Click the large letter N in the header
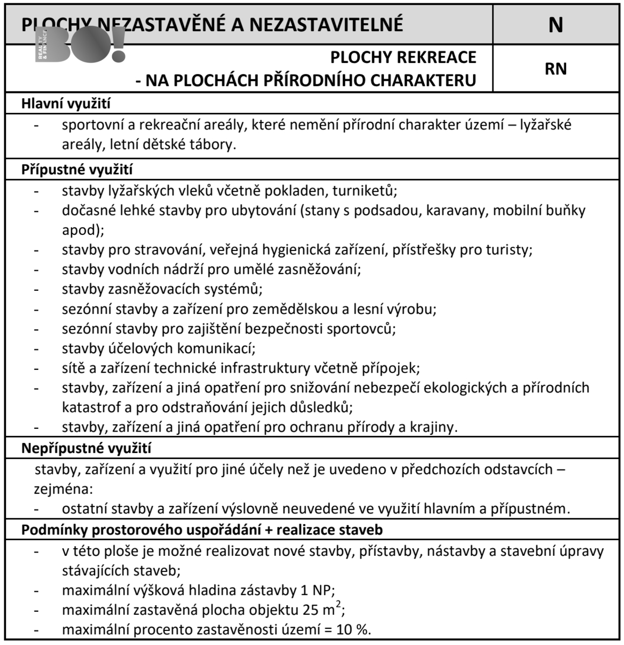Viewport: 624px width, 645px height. pyautogui.click(x=556, y=25)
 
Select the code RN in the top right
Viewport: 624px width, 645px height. pyautogui.click(x=556, y=69)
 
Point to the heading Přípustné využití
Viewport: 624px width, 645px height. pyautogui.click(x=77, y=169)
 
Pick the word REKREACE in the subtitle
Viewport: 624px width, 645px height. pyautogui.click(x=440, y=58)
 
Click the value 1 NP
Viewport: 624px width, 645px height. pyautogui.click(x=316, y=590)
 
